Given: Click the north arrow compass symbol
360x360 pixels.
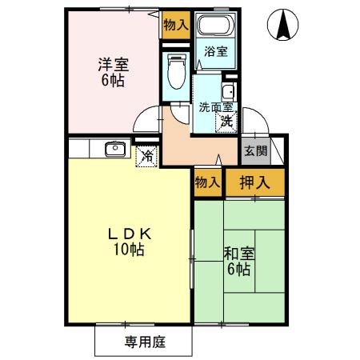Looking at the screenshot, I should pyautogui.click(x=283, y=26).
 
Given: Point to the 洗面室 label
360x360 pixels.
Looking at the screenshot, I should pyautogui.click(x=214, y=106).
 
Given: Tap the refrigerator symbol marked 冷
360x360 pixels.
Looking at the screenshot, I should pyautogui.click(x=147, y=156).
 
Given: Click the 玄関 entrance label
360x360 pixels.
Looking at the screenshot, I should pyautogui.click(x=255, y=152).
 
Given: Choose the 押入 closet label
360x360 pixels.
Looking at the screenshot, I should pyautogui.click(x=255, y=182).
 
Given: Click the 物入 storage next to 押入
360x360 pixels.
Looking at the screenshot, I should pyautogui.click(x=207, y=182).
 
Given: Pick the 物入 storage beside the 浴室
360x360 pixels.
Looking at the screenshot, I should pyautogui.click(x=174, y=25).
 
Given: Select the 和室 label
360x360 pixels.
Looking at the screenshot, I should pyautogui.click(x=239, y=254).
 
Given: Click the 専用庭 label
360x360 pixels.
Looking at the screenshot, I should pyautogui.click(x=144, y=342).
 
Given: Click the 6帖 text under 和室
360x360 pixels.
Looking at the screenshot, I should pyautogui.click(x=239, y=270).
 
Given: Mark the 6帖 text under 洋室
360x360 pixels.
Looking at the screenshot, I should pyautogui.click(x=113, y=82).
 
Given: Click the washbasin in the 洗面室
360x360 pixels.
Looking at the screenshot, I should pyautogui.click(x=228, y=90).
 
